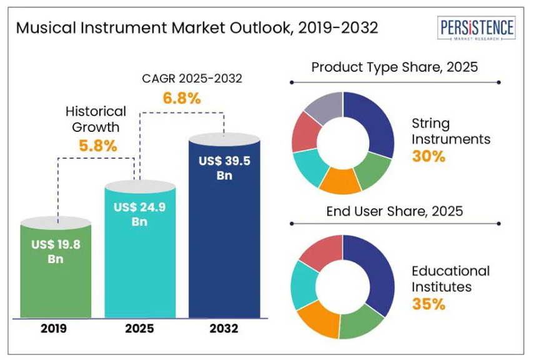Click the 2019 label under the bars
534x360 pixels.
56,329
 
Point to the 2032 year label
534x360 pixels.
224,329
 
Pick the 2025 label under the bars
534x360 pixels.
140,329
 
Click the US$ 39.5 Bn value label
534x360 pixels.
224,168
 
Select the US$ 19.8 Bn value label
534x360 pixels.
56,251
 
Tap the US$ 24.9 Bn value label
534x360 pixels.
140,214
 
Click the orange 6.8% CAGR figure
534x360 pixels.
182,98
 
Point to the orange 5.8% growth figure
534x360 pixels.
98,146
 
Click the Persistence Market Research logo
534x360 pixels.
477,29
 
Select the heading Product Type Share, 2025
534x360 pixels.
394,67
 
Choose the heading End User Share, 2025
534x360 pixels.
394,211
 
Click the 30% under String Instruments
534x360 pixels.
428,156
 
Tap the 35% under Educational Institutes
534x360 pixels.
428,304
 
